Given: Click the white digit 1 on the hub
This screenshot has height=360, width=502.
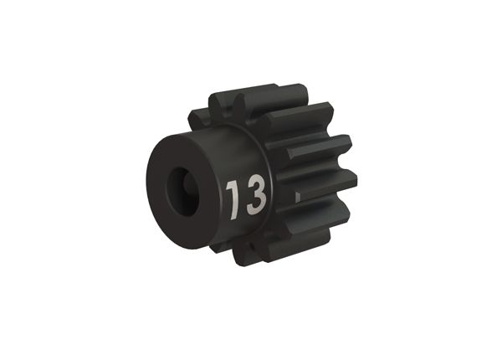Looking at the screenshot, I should pyautogui.click(x=232, y=197).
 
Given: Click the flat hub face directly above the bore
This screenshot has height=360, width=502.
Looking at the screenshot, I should pyautogui.click(x=180, y=155).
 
